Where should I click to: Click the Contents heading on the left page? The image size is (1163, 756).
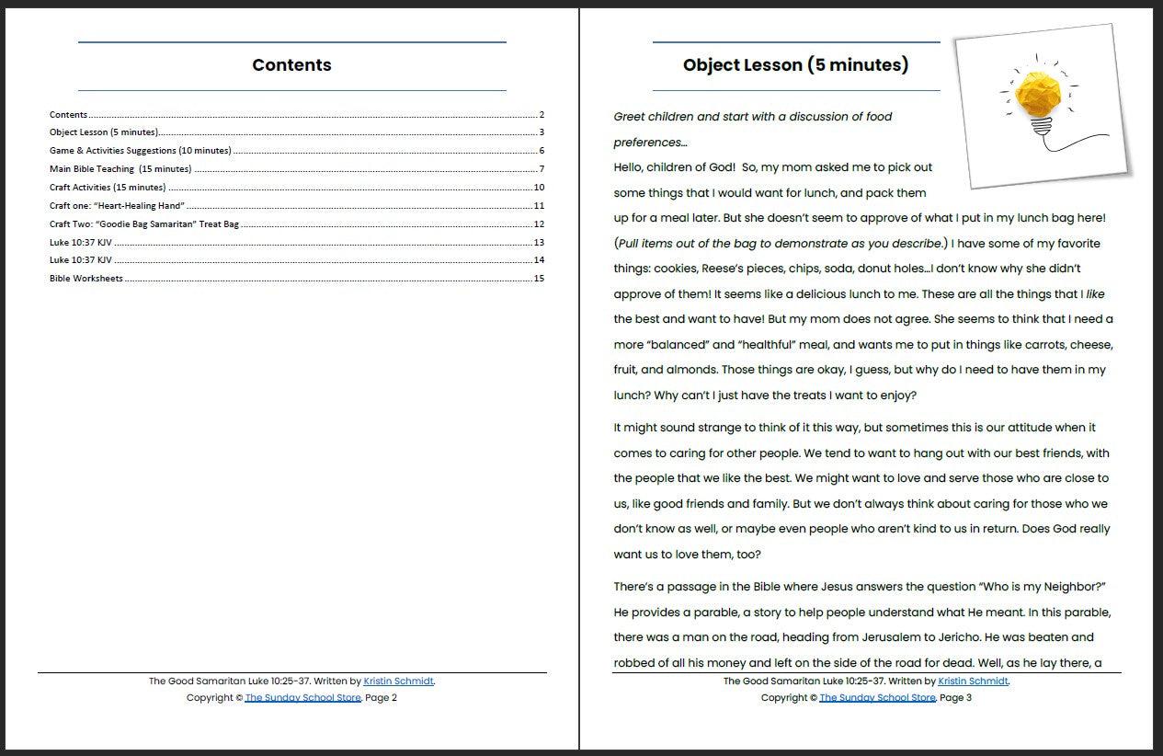[291, 65]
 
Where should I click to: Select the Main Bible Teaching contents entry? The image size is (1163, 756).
[120, 168]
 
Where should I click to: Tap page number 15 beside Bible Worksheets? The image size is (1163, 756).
[539, 278]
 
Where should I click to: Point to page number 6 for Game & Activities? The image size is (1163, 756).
[542, 151]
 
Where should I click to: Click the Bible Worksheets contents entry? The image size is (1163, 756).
[86, 278]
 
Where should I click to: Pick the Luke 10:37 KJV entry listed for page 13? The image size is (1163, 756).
[81, 242]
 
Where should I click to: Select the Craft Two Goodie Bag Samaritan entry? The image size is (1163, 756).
[144, 223]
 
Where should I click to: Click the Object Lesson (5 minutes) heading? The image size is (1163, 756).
[795, 65]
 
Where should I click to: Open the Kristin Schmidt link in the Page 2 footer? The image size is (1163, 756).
[398, 682]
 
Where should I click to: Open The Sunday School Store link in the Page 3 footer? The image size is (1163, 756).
[877, 698]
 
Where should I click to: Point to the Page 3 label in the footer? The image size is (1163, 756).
[955, 698]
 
